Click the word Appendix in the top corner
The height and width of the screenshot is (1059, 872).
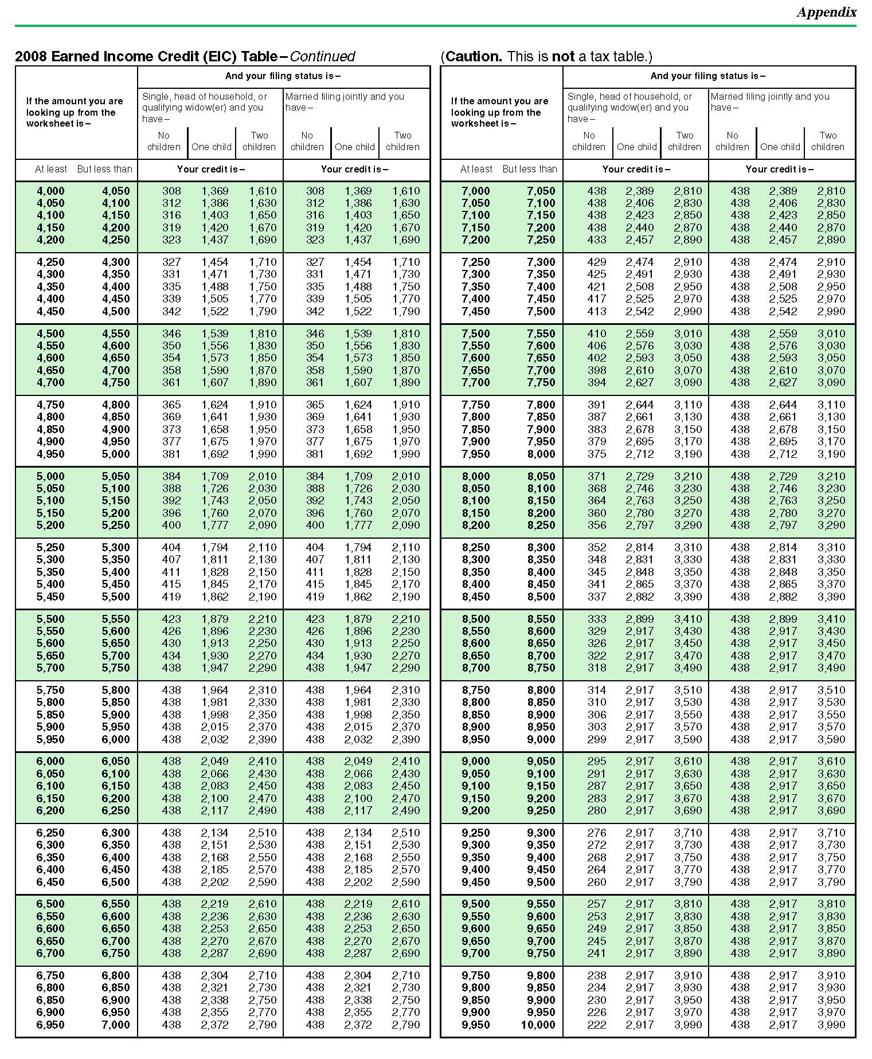point(826,12)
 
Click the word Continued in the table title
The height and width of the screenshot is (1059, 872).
point(322,56)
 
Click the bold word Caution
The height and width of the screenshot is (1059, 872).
point(474,56)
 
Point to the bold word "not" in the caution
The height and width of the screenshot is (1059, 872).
point(562,56)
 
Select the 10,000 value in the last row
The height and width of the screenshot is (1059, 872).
point(538,1025)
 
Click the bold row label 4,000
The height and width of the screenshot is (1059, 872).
point(50,191)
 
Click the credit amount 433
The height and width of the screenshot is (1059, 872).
point(596,240)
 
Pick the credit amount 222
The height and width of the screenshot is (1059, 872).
point(596,1025)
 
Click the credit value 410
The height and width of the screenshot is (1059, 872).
point(596,334)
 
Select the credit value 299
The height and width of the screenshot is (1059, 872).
point(596,739)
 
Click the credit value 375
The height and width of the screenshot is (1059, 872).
point(596,454)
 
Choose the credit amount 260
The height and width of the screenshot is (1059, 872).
point(596,882)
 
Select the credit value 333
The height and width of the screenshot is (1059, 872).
point(596,619)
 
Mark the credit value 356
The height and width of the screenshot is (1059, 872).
point(596,525)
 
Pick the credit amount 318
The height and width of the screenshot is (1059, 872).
point(596,668)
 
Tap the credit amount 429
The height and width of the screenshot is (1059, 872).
point(596,262)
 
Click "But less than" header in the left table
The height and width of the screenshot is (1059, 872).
point(104,169)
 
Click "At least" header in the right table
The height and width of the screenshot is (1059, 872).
point(476,169)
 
